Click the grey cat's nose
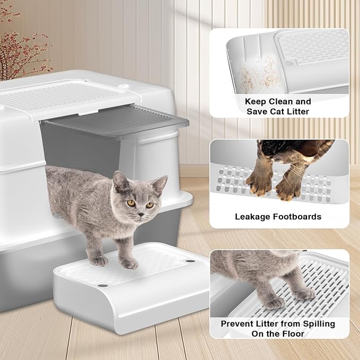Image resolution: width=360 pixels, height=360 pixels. (141, 215)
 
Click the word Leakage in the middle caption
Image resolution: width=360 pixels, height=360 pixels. (252, 217)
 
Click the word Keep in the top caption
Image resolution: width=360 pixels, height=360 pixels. (256, 102)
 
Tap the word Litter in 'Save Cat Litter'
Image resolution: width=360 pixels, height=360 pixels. (297, 111)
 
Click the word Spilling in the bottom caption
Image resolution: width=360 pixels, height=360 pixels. (319, 324)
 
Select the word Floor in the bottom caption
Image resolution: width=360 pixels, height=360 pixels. (293, 333)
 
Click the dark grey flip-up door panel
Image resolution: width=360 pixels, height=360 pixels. (115, 120)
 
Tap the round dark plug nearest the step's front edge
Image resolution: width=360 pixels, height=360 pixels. (103, 286)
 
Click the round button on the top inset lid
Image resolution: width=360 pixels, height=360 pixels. (289, 63)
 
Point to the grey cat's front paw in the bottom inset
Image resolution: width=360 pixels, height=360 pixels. (274, 303)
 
